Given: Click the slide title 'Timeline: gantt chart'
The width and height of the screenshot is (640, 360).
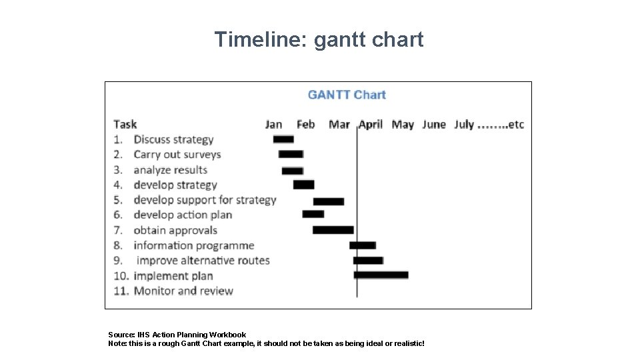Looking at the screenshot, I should [319, 40].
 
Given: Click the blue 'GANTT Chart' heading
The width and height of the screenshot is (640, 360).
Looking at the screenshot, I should [347, 95].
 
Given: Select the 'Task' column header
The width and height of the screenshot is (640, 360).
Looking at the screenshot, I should [125, 124].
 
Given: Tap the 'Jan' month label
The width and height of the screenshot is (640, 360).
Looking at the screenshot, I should [273, 124].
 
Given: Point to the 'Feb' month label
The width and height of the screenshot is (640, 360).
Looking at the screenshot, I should [305, 124].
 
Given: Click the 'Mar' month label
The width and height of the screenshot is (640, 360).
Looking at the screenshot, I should [339, 124].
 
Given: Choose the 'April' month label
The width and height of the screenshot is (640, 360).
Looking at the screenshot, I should [371, 124].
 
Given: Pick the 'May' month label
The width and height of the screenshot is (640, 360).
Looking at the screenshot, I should [403, 124].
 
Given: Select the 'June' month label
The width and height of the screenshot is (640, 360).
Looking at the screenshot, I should [434, 124].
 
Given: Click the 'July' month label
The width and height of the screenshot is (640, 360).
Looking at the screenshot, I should [464, 124].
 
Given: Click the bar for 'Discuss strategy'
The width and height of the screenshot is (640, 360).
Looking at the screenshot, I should [283, 139].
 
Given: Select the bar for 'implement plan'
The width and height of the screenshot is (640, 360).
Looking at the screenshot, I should [381, 275].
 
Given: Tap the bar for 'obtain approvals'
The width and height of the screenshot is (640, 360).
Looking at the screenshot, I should [333, 230].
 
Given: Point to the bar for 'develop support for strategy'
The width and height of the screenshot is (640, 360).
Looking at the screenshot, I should [329, 201].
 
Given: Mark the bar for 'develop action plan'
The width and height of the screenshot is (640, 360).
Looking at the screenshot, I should [313, 214].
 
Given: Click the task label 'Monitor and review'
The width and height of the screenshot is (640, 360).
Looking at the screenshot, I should [183, 291].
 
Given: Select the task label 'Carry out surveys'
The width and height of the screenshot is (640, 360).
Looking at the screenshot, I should [177, 154].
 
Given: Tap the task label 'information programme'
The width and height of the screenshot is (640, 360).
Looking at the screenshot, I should [193, 245].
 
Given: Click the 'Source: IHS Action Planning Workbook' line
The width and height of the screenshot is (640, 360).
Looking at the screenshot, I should [177, 335].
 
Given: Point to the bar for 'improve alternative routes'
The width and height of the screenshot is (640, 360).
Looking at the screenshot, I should [368, 260].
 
